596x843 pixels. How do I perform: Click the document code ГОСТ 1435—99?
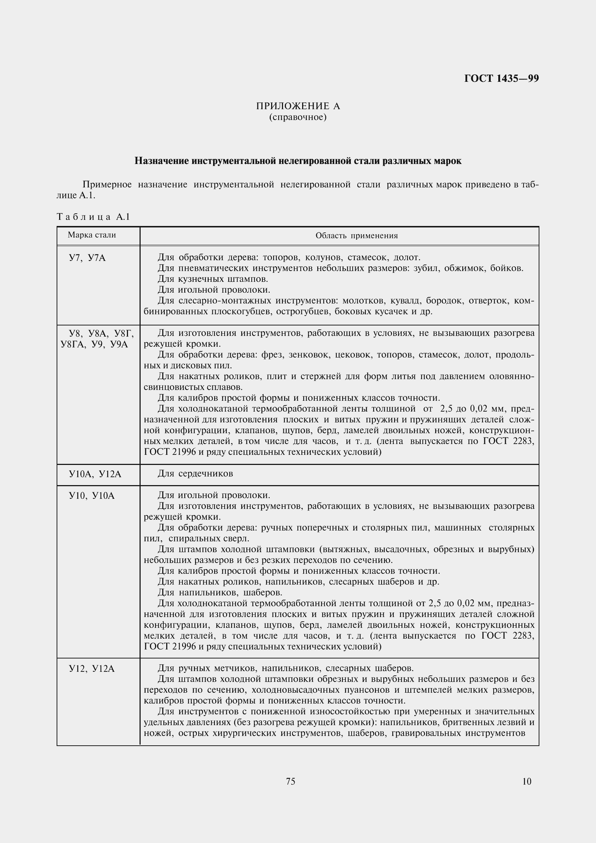pyautogui.click(x=501, y=79)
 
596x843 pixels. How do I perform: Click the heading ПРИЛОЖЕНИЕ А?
pyautogui.click(x=298, y=106)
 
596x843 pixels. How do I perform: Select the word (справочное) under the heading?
pyautogui.click(x=298, y=117)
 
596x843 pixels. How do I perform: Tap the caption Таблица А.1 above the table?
pyautogui.click(x=93, y=217)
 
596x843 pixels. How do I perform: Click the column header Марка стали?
pyautogui.click(x=92, y=235)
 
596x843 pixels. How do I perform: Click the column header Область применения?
pyautogui.click(x=357, y=236)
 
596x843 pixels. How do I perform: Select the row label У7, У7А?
pyautogui.click(x=87, y=258)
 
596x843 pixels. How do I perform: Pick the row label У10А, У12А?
pyautogui.click(x=95, y=474)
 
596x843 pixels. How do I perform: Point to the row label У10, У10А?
pyautogui.click(x=92, y=496)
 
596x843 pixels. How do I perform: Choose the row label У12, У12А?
pyautogui.click(x=92, y=669)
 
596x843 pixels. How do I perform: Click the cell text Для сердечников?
pyautogui.click(x=195, y=474)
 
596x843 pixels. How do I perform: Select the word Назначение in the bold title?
pyautogui.click(x=162, y=161)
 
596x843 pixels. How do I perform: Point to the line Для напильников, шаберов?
pyautogui.click(x=220, y=593)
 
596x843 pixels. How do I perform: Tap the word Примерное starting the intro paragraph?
pyautogui.click(x=107, y=184)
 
